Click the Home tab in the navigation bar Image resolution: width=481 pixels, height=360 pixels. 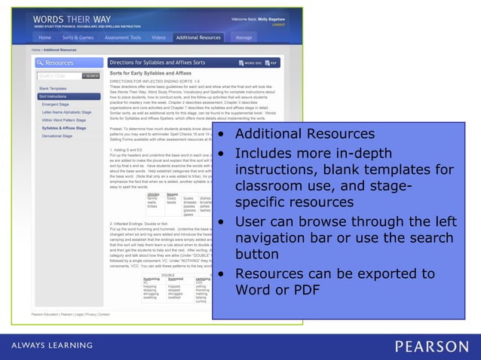(45, 37)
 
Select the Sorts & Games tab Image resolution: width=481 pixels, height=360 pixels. (78, 37)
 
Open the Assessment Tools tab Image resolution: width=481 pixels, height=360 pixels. (123, 37)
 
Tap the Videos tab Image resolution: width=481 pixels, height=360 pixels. (158, 37)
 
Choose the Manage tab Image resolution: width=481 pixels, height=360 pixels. (244, 37)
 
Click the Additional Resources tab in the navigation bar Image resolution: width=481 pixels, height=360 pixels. (199, 37)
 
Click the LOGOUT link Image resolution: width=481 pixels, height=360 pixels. (279, 24)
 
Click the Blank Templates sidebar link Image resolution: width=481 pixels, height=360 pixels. (53, 88)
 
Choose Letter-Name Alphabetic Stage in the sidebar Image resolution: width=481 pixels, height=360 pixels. (66, 112)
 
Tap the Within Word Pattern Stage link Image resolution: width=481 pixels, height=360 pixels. (66, 120)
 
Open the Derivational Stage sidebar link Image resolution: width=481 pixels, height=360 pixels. (57, 136)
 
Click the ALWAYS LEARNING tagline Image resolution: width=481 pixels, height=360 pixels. (52, 346)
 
